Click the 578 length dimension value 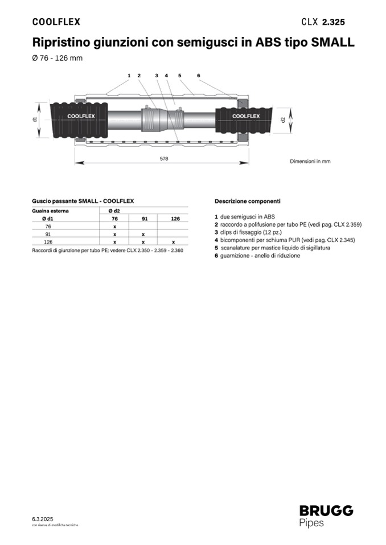click(164, 159)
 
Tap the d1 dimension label click(35, 119)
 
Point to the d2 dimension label click(283, 119)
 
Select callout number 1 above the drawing click(129, 76)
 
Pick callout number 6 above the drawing click(198, 76)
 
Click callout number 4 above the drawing click(166, 76)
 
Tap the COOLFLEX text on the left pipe click(81, 116)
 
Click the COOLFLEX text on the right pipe click(246, 116)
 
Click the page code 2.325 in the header click(334, 22)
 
